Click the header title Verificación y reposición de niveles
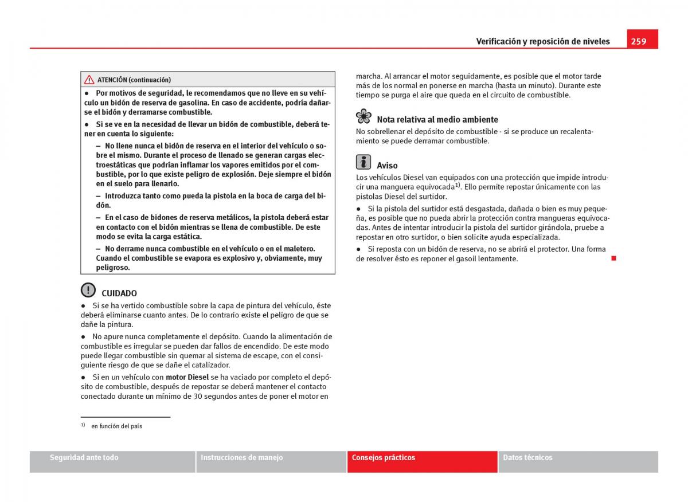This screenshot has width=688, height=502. [543, 41]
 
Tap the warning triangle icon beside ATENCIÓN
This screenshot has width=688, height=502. [89, 80]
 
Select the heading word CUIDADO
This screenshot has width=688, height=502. [119, 293]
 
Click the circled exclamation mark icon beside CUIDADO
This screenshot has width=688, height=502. [88, 290]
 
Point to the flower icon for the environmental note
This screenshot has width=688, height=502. [363, 116]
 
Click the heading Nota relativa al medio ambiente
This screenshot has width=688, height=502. [437, 120]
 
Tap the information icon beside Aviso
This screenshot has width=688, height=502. [363, 162]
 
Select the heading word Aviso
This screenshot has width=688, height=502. [387, 166]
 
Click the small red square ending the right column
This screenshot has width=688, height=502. [613, 258]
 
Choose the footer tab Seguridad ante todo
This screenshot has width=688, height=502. [84, 458]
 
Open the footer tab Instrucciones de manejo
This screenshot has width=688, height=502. [241, 458]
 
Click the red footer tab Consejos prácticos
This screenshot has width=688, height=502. [384, 458]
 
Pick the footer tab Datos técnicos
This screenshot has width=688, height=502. [527, 458]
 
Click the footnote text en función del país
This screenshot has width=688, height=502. [116, 426]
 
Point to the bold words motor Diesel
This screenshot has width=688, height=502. [187, 377]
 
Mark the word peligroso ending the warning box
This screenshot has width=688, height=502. [112, 268]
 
